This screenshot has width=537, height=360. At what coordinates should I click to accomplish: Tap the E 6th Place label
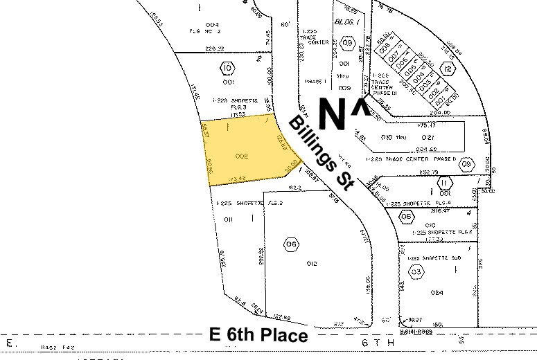tap(258, 336)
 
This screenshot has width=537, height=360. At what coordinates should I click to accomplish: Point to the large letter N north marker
tap(331, 113)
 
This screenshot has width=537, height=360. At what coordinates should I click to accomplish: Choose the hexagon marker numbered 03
tap(416, 271)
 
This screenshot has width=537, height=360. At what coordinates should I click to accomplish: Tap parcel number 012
tap(312, 263)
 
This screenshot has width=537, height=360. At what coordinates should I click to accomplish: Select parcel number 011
tap(226, 219)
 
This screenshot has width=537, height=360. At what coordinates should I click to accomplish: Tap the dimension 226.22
tap(216, 48)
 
